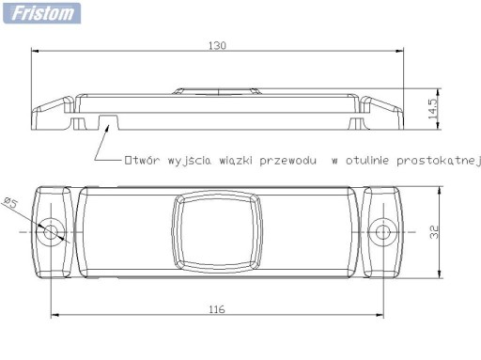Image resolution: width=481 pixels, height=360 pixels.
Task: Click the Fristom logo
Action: (41, 13)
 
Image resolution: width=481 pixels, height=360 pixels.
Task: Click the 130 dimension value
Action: (217, 46)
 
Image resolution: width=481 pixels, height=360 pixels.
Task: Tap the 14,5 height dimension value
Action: (433, 109)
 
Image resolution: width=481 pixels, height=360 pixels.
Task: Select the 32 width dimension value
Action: (434, 232)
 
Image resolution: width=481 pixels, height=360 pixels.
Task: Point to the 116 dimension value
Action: (217, 309)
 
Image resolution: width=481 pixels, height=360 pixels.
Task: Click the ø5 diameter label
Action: (10, 203)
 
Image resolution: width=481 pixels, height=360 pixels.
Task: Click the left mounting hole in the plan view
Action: (51, 232)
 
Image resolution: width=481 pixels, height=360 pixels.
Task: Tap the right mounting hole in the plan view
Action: (382, 232)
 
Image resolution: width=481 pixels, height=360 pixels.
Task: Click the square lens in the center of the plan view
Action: (217, 231)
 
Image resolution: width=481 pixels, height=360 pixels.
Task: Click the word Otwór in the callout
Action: (142, 160)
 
